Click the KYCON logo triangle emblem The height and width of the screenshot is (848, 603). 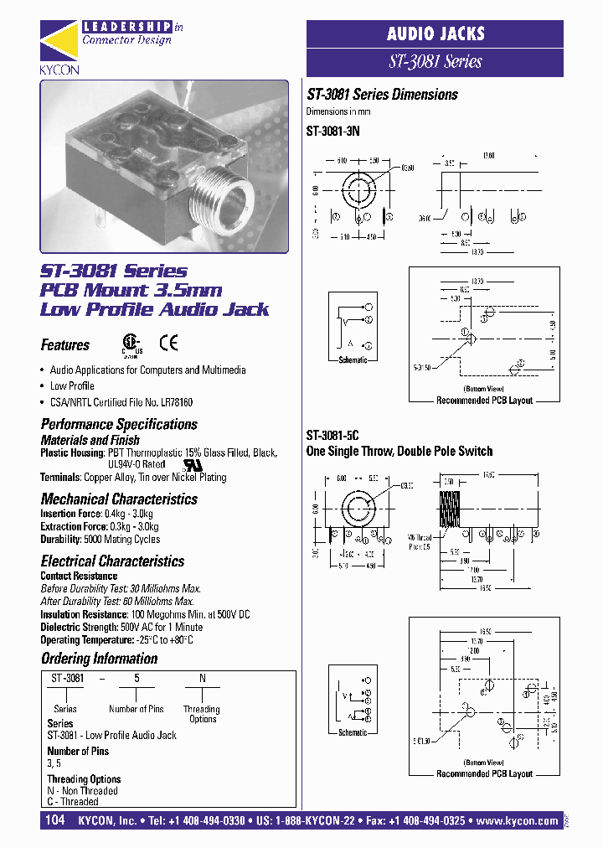pyautogui.click(x=59, y=42)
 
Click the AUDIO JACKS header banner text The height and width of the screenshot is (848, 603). pyautogui.click(x=435, y=34)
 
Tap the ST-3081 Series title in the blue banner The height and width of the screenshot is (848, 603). pyautogui.click(x=435, y=61)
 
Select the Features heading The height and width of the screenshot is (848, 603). pyautogui.click(x=65, y=345)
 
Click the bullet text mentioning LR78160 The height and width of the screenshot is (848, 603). pyautogui.click(x=121, y=402)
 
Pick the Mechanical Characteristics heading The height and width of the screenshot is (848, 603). pyautogui.click(x=119, y=499)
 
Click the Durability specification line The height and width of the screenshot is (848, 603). pyautogui.click(x=100, y=540)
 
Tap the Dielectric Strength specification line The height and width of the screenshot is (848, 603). pyautogui.click(x=121, y=627)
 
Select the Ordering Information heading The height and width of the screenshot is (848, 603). pyautogui.click(x=99, y=659)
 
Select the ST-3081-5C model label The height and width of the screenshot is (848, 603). pyautogui.click(x=332, y=436)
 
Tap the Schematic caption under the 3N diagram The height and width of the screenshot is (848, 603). pyautogui.click(x=353, y=359)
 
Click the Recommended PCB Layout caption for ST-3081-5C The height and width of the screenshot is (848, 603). pyautogui.click(x=484, y=773)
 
